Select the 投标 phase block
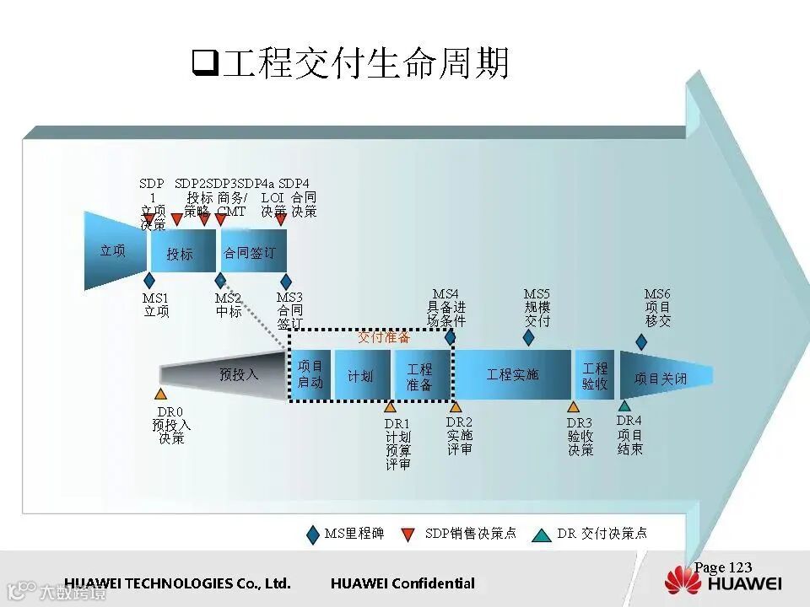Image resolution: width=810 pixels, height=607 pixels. [x=180, y=253]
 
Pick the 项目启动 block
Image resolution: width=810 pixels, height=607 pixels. [x=310, y=374]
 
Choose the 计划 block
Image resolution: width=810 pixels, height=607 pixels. [x=361, y=375]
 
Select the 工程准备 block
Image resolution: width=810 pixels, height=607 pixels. [x=419, y=376]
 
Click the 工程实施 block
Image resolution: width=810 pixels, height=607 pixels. [x=512, y=374]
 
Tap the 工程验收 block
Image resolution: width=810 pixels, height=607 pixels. [x=595, y=375]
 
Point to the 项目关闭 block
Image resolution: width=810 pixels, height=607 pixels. [x=661, y=379]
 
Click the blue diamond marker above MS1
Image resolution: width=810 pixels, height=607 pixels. [x=150, y=280]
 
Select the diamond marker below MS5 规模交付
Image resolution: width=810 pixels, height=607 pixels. [x=529, y=337]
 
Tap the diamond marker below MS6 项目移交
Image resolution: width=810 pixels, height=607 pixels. [x=641, y=341]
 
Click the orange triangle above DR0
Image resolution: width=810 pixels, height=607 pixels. [x=160, y=394]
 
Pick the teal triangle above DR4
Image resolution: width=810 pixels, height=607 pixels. [x=624, y=406]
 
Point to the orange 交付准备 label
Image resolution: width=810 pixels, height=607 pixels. [x=384, y=337]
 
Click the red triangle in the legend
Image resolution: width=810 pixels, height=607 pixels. [x=408, y=534]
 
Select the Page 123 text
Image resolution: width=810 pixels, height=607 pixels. [x=723, y=567]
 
